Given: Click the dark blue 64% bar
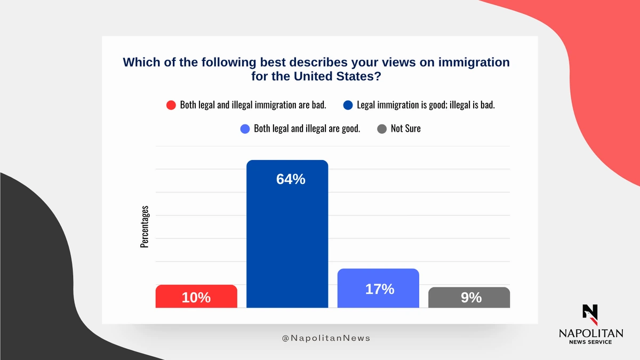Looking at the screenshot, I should (287, 240).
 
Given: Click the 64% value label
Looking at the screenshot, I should (291, 180).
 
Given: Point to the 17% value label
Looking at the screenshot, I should (380, 289).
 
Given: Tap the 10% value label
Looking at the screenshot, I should (196, 298).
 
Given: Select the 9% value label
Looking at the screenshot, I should (471, 298).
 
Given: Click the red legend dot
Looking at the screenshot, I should (171, 105).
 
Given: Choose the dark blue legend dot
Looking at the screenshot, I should (348, 105).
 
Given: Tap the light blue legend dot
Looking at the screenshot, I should (245, 129).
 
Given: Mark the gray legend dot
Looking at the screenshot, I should (382, 129).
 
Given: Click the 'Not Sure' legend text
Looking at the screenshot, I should (405, 129).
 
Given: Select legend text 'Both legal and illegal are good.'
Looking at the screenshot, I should (307, 129).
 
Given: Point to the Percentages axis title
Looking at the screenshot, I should (145, 226).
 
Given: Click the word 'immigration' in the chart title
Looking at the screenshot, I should (474, 62).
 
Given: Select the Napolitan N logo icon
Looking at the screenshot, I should (590, 314).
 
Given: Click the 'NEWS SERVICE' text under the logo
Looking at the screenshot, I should (590, 342).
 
